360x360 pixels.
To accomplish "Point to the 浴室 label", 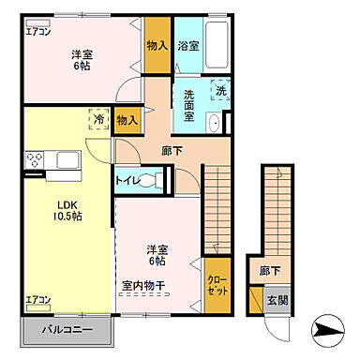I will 187,45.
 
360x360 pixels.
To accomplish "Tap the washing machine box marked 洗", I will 220,91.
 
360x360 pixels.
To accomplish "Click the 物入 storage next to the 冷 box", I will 127,119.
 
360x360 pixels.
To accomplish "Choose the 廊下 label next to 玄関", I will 271,272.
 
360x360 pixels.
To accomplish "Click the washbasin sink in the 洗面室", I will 214,124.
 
